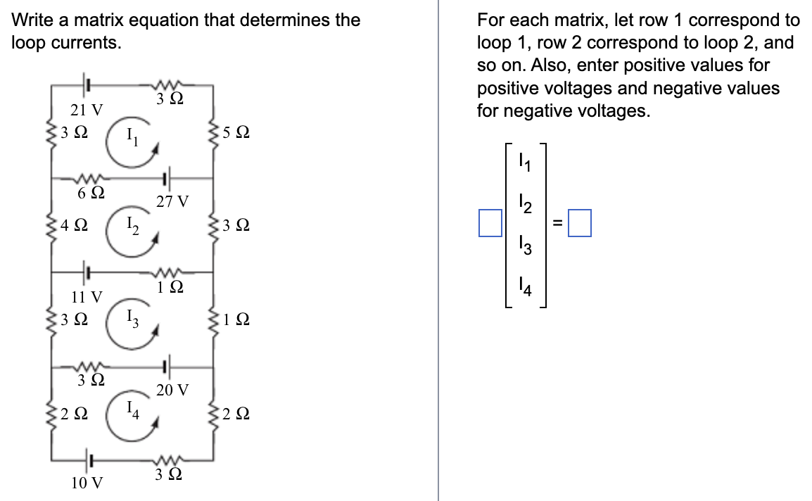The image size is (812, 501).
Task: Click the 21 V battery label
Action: click(x=87, y=110)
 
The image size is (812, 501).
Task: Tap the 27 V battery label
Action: click(x=172, y=202)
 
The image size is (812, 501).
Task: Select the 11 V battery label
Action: click(x=87, y=296)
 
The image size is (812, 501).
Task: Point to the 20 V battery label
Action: click(x=172, y=389)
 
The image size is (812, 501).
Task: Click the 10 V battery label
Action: click(x=87, y=483)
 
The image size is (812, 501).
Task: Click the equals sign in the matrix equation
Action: click(x=557, y=224)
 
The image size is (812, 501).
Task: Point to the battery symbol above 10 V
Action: click(x=88, y=460)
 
